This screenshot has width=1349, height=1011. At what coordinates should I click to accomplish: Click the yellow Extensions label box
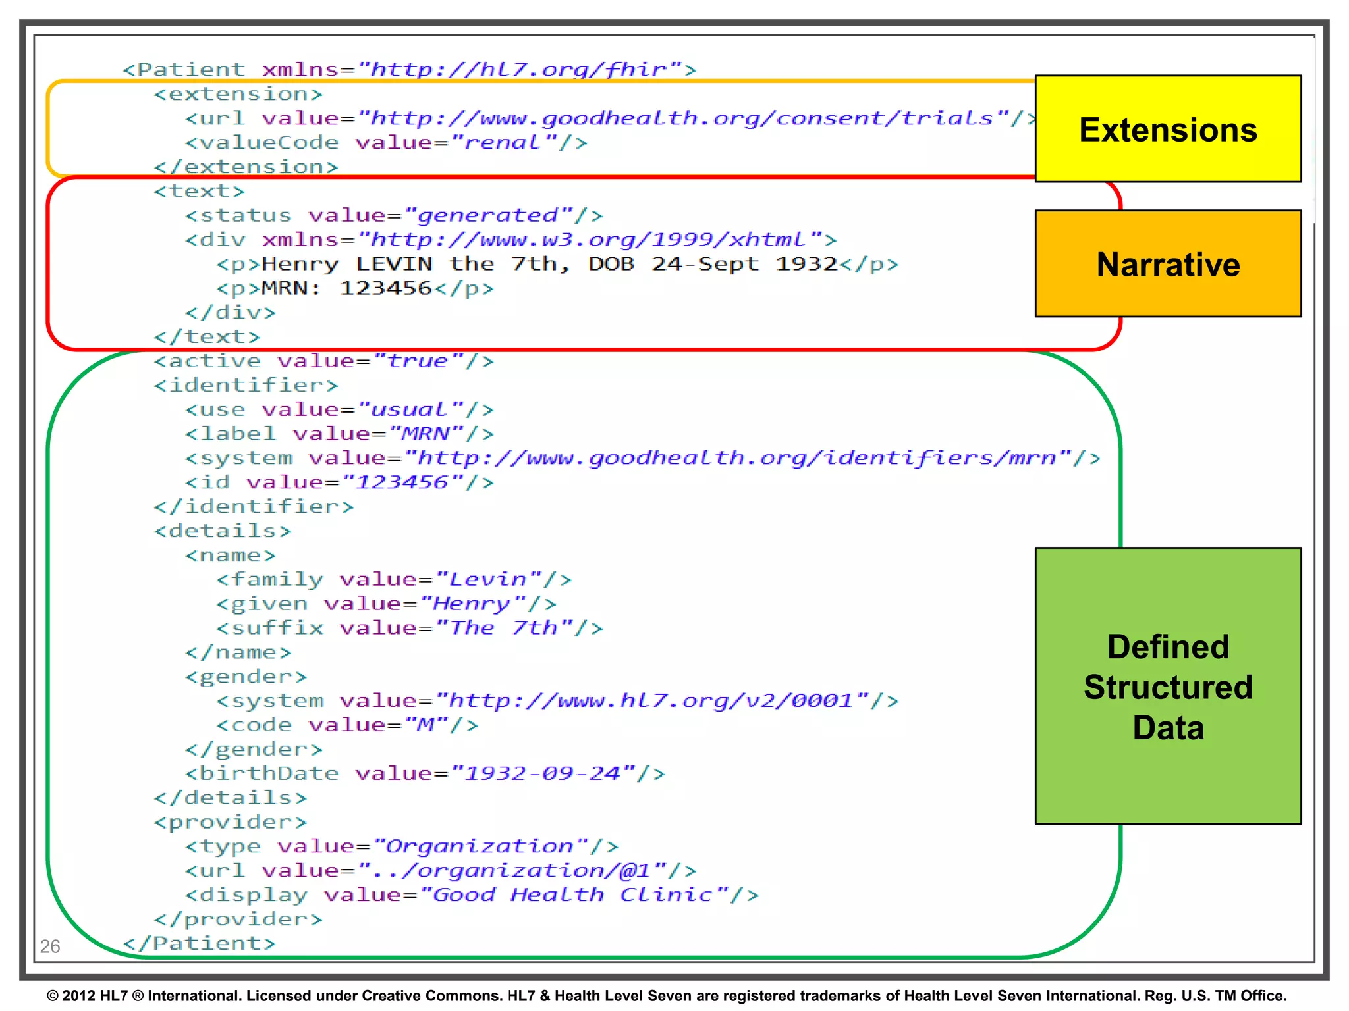(1167, 129)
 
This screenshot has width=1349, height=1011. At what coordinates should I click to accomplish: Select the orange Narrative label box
(1167, 264)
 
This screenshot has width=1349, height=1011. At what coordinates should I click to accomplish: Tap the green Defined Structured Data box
(1167, 686)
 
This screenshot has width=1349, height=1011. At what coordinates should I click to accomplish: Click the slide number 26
(50, 946)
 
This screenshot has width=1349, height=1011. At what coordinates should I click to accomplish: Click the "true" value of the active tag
(418, 361)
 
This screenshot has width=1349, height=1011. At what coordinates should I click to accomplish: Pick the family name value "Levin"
(488, 580)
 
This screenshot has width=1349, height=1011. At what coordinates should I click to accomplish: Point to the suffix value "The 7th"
(504, 629)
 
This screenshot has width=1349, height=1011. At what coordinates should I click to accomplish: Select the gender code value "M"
(426, 725)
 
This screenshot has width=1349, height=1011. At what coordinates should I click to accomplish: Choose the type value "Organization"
(480, 846)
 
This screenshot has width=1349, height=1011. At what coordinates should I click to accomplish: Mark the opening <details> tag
(223, 531)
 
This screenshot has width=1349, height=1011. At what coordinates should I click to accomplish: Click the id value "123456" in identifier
(402, 482)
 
